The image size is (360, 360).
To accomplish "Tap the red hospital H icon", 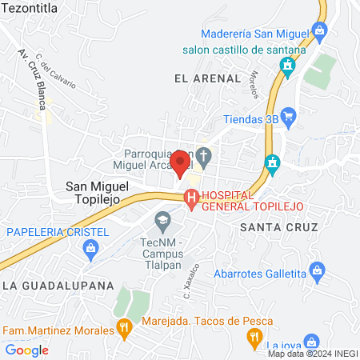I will tap(191, 198).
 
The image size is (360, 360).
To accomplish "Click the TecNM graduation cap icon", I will tap(163, 218).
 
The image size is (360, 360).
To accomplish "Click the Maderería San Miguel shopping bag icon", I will tap(320, 32).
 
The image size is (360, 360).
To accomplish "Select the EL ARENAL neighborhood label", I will tap(206, 78).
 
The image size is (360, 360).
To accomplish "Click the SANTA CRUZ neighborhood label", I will tap(279, 227).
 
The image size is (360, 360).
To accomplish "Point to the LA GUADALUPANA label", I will tap(58, 285).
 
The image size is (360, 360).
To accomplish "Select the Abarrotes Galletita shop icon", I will tap(318, 273).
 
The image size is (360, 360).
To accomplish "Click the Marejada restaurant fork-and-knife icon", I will tap(123, 326).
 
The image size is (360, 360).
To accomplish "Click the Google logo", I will tap(27, 350).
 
